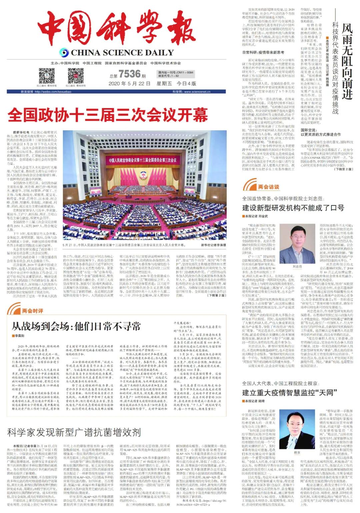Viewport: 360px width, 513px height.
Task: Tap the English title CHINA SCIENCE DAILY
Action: pos(122,53)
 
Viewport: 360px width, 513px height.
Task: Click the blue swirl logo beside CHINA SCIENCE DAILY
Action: pos(64,53)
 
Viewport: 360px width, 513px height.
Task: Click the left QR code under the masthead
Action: pos(47,76)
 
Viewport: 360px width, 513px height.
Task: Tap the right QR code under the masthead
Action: pos(76,76)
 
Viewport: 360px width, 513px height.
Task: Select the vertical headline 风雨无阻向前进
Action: pos(347,62)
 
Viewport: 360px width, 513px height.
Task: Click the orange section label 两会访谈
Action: pos(269,187)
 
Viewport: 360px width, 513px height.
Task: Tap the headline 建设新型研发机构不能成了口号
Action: pos(293,208)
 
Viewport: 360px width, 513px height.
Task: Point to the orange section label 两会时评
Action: pos(33,311)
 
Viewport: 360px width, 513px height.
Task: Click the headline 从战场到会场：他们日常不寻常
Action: pos(76,326)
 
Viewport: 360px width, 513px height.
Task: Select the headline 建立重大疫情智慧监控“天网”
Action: pos(290,393)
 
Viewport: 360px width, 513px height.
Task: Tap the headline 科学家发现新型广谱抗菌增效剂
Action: pos(74,433)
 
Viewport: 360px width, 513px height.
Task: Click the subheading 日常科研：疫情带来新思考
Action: pos(263,52)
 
